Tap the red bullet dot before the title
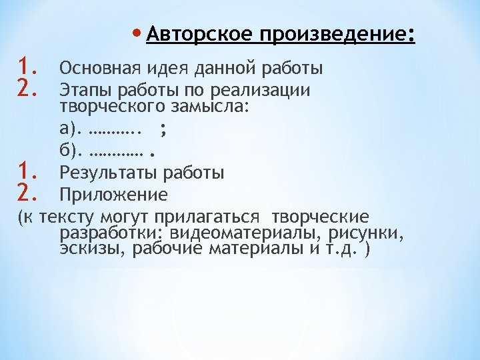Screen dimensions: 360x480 137,33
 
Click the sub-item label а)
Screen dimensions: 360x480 71,131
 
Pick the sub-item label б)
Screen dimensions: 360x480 71,152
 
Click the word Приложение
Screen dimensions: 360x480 113,195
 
